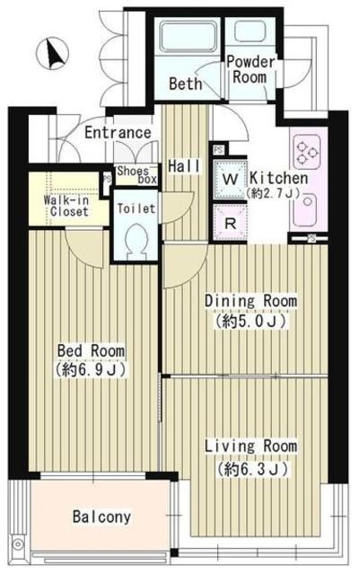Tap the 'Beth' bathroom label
coord(185,85)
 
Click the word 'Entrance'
coord(118,134)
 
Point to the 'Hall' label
coord(182,165)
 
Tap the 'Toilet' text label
coord(136,208)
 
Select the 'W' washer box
coord(230,180)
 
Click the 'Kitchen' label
coord(278,179)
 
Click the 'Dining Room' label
coord(250,301)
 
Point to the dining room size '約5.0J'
coord(250,320)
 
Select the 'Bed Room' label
coord(91,350)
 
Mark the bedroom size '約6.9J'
coord(91,369)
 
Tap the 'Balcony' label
coord(101,517)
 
